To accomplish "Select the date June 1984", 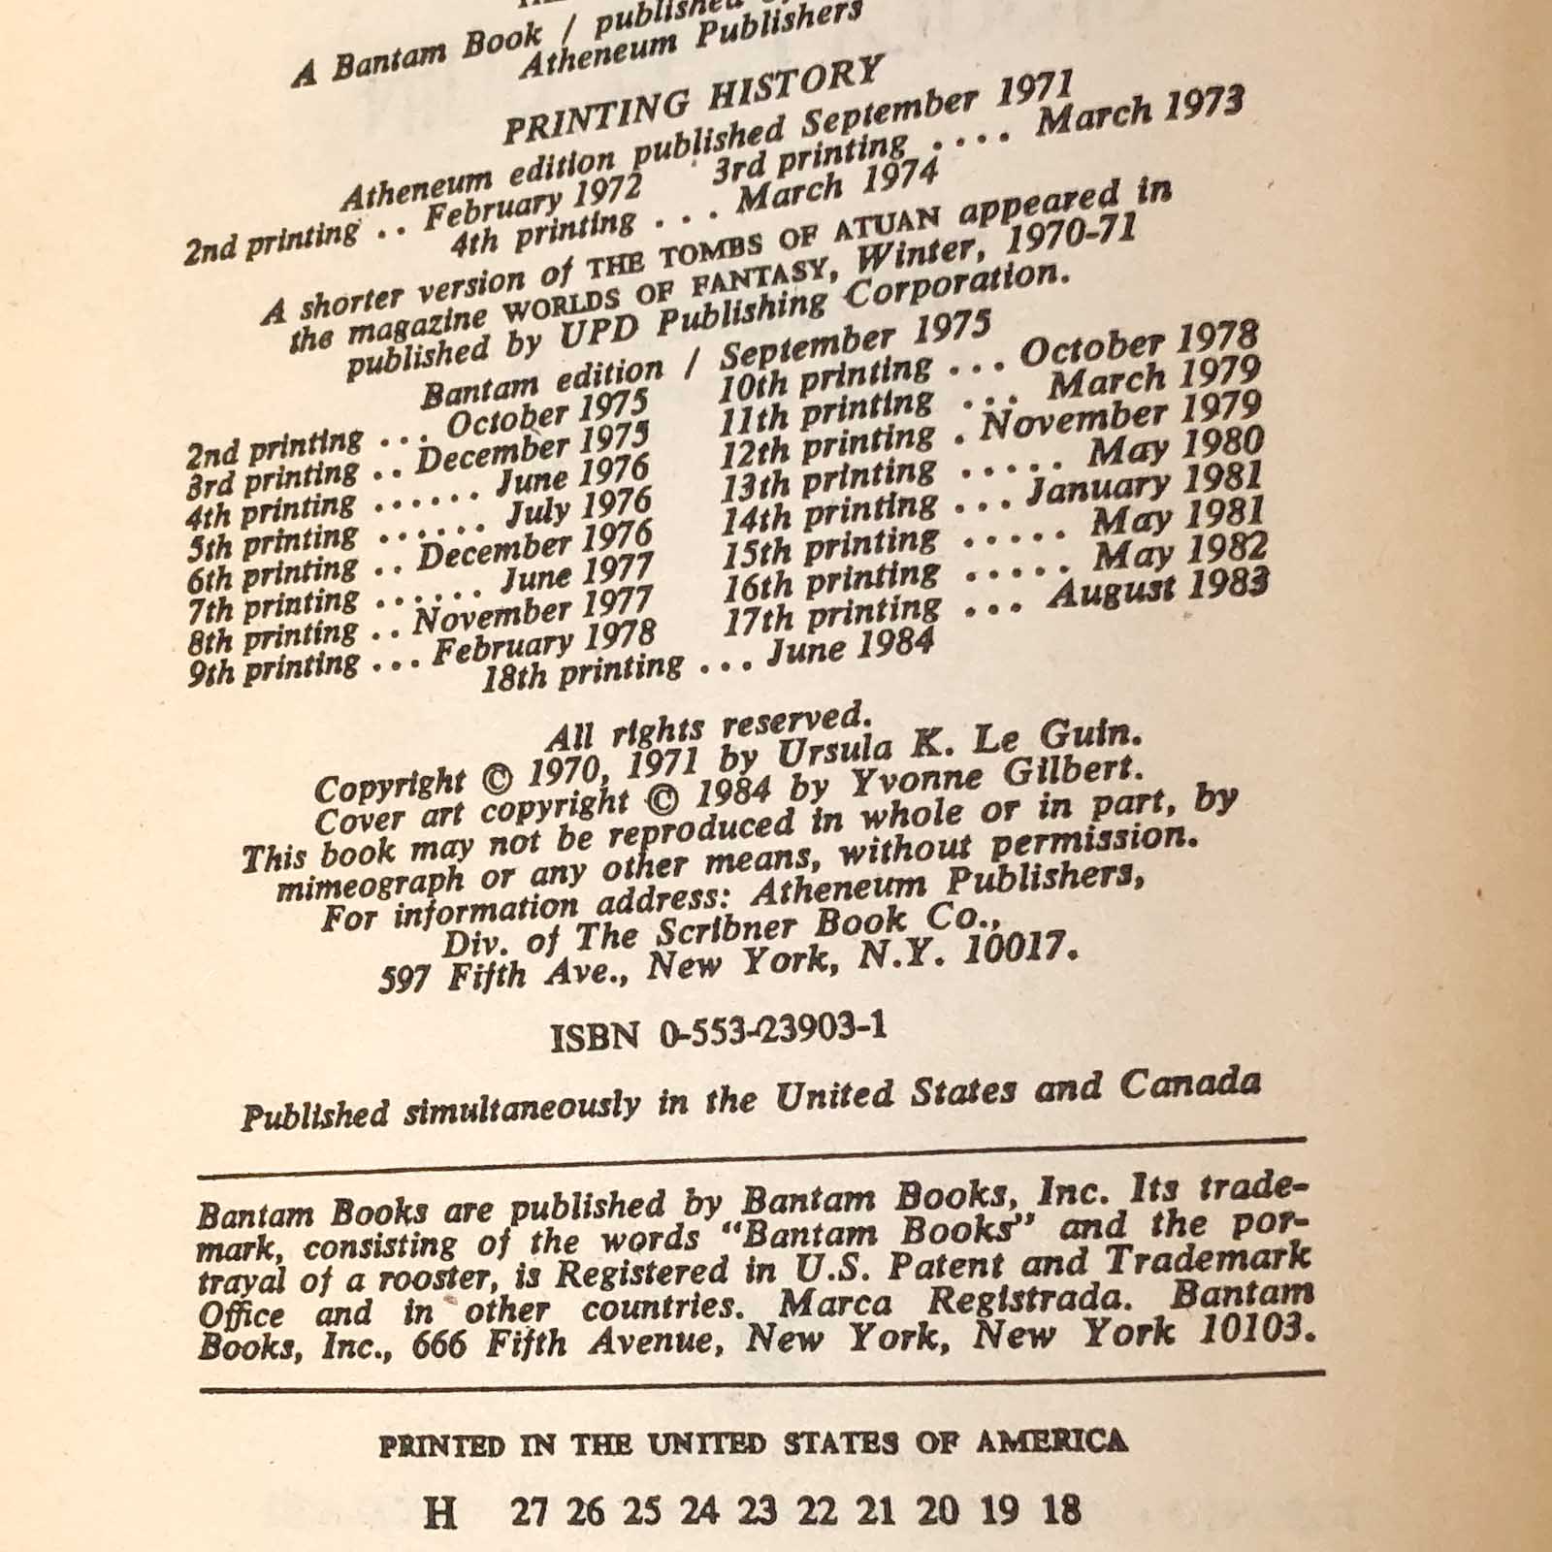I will pos(851,645).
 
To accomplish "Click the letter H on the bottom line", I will pos(441,1511).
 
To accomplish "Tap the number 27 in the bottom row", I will pos(528,1511).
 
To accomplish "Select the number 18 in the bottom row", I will pos(1061,1509).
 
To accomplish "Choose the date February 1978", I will pos(543,644).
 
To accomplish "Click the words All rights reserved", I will pos(704,727).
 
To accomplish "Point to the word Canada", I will pos(1190,1085).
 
